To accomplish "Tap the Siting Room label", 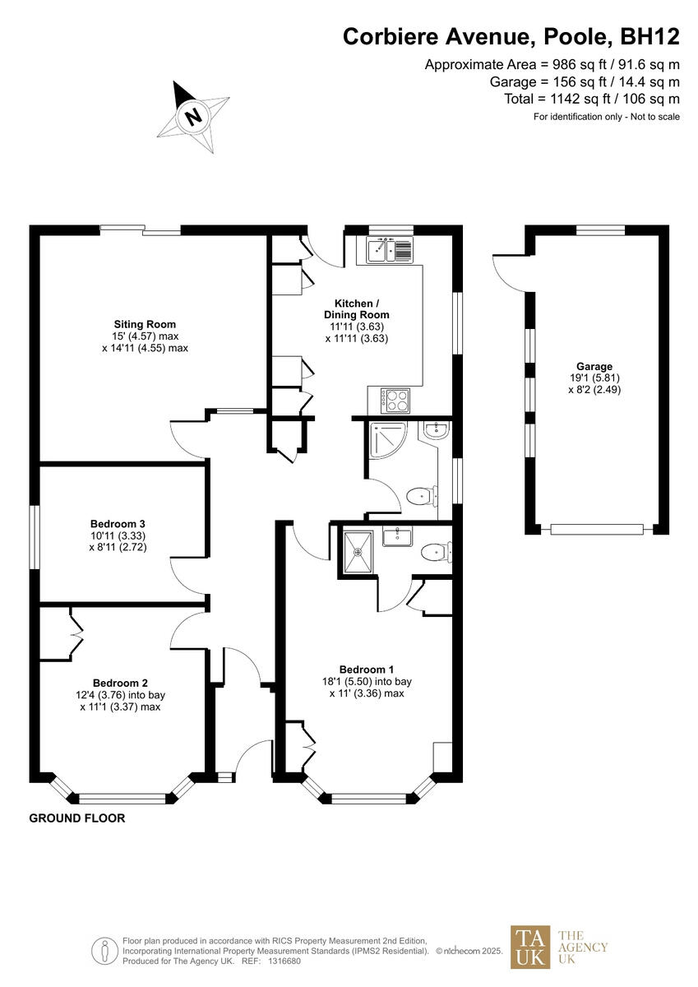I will coord(145,324).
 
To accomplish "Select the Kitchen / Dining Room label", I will coord(356,309).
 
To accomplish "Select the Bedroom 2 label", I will coord(120,683).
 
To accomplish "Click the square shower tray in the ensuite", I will coord(358,547).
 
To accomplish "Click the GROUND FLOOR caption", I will coord(77,818).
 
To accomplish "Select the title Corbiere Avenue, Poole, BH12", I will coord(511,36).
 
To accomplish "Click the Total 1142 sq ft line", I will coord(592,99).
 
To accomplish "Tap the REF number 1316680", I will coord(284,961).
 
